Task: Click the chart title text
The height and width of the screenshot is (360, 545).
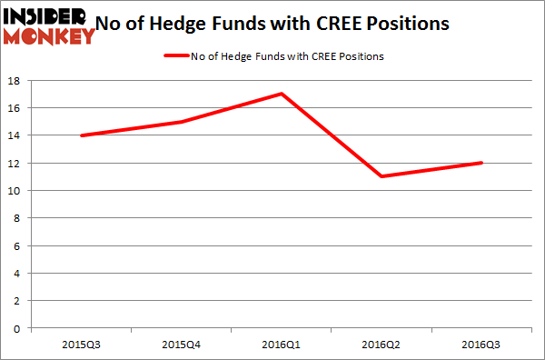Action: [282, 25]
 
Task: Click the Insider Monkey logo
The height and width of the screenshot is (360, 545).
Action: [49, 25]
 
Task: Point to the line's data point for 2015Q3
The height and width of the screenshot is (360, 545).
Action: [82, 135]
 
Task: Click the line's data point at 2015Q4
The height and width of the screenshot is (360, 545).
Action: [182, 122]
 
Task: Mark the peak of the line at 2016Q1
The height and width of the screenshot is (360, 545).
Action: [282, 94]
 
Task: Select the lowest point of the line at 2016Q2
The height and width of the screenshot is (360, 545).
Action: [382, 176]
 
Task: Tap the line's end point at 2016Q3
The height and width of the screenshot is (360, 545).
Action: [482, 163]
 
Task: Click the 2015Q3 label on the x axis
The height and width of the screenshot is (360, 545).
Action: [82, 344]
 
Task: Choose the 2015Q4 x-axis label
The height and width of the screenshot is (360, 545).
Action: [182, 344]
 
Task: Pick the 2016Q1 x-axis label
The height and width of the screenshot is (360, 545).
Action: [282, 344]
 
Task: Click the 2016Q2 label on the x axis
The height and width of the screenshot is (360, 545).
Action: [382, 344]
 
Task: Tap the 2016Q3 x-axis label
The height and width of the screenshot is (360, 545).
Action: [482, 344]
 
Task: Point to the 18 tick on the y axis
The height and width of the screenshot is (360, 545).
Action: [15, 81]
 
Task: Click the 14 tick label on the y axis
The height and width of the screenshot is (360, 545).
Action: [15, 135]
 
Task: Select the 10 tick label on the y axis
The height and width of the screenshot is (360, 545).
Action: [15, 191]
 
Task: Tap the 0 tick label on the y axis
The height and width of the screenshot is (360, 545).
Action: [18, 328]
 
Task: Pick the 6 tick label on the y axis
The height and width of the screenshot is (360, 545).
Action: [18, 245]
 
